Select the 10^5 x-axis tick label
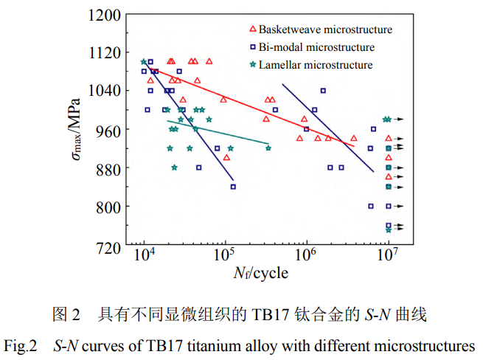point(223,257)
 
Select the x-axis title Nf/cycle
point(261,274)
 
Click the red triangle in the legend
point(253,30)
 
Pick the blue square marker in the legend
point(253,47)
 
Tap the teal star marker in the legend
point(253,65)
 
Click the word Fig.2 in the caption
point(21,345)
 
